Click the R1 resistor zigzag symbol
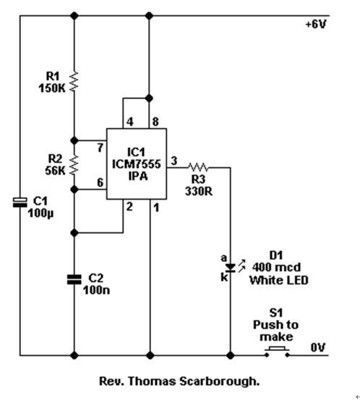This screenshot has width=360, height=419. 74,82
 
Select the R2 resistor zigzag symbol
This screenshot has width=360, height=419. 74,165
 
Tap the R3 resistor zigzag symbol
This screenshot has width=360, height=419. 198,168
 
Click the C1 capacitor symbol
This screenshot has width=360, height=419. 20,203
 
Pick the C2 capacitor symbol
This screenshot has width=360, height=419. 74,279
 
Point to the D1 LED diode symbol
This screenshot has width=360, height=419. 231,268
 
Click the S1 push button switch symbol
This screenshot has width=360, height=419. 277,352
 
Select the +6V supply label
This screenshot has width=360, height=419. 316,25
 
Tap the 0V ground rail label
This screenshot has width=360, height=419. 318,347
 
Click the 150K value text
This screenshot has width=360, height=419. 52,88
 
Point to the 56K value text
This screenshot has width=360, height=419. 55,171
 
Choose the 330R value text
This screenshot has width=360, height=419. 199,191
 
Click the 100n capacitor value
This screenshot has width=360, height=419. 96,290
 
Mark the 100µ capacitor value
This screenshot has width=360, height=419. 40,213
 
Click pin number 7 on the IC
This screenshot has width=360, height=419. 100,148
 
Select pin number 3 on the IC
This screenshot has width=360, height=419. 174,161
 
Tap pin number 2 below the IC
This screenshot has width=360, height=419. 129,206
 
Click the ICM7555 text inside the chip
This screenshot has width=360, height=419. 137,164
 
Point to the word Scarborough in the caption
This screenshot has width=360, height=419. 219,381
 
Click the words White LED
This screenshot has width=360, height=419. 279,280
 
